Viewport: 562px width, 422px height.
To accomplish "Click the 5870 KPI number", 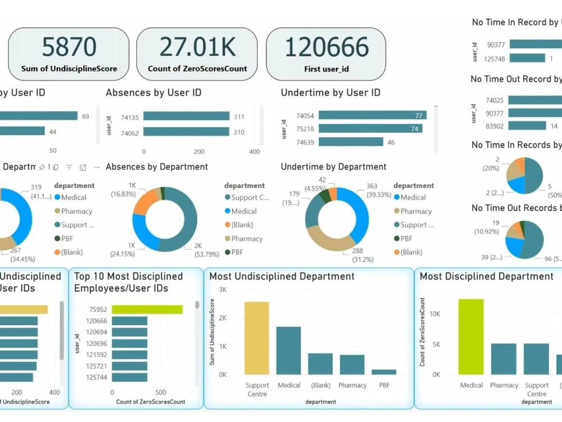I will (69, 47).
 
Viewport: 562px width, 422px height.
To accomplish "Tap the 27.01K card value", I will (197, 47).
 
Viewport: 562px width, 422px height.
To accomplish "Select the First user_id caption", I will (325, 69).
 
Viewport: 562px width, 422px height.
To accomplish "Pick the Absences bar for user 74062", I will (186, 132).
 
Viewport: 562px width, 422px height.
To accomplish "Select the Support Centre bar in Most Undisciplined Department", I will (257, 338).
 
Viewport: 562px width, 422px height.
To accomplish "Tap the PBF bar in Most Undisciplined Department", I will (384, 372).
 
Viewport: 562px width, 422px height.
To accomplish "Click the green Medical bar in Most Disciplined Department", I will (471, 336).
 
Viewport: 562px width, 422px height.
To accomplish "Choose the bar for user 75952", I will (147, 309).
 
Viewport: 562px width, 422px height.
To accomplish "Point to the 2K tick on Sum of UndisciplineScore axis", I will (223, 318).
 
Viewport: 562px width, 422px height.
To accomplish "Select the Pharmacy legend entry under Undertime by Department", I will (415, 212).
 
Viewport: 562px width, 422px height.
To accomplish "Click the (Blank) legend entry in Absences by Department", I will (241, 225).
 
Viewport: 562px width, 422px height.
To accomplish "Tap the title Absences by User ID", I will (153, 93).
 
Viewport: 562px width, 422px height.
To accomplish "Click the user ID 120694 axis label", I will (97, 332).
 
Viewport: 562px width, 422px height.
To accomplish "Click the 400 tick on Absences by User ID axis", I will (255, 152).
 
